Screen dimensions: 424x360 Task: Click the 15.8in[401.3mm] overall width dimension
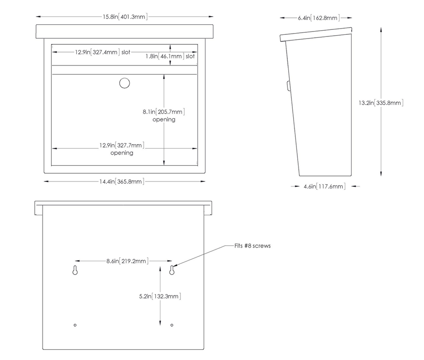pos(125,17)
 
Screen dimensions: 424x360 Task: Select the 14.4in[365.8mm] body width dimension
pos(122,181)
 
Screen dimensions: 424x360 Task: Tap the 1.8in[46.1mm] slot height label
pos(170,56)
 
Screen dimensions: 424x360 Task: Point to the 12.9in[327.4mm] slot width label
pos(103,52)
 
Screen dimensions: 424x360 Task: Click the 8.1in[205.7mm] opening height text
pos(164,112)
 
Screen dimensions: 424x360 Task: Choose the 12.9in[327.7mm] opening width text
pos(122,145)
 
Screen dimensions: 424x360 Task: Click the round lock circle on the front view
pos(124,83)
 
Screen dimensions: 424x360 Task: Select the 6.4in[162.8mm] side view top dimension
pos(319,18)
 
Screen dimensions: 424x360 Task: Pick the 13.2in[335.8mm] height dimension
pos(381,103)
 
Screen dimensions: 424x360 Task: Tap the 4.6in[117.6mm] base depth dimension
pos(325,186)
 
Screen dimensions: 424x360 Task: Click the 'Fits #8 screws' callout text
pos(253,246)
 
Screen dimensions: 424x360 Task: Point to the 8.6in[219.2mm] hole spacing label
pos(128,261)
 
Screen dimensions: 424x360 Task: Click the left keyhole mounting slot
pos(75,270)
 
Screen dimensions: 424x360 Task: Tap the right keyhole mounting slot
pos(172,270)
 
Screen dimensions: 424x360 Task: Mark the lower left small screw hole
pos(75,325)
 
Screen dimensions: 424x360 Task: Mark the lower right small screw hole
pos(172,325)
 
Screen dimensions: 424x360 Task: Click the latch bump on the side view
pos(289,86)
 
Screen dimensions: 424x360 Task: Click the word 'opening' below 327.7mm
pos(122,153)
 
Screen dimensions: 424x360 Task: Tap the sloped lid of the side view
pos(316,34)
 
